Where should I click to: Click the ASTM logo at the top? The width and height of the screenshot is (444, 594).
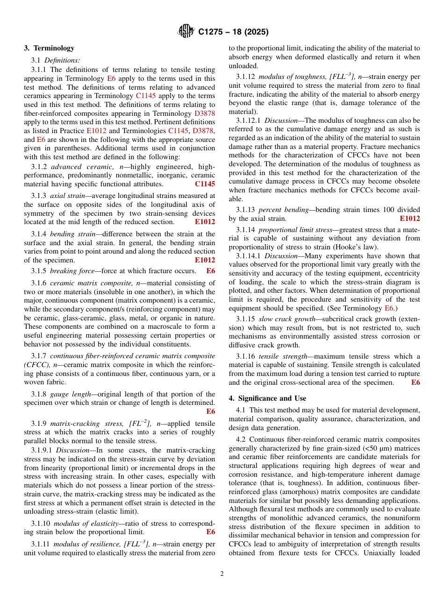click(x=186, y=32)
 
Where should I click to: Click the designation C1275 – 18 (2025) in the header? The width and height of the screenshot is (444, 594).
click(x=233, y=32)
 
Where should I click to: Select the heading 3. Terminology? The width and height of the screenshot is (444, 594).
click(x=49, y=48)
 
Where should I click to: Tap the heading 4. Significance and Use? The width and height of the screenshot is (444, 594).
click(x=267, y=398)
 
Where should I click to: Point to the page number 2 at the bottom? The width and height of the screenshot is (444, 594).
click(x=222, y=574)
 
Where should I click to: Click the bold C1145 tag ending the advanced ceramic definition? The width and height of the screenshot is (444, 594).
click(x=205, y=184)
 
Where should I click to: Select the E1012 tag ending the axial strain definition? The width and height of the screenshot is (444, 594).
click(x=205, y=222)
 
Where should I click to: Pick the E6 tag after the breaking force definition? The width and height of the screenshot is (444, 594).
click(x=210, y=271)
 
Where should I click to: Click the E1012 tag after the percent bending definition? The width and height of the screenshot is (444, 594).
click(x=409, y=219)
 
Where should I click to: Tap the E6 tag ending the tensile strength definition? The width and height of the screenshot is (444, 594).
click(x=415, y=382)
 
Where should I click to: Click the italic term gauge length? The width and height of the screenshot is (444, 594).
click(x=71, y=394)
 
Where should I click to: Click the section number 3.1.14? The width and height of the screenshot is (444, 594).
click(x=245, y=230)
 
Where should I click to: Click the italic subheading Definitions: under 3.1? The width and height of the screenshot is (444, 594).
click(x=62, y=60)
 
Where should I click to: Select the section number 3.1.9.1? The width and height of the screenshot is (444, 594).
click(x=42, y=450)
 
